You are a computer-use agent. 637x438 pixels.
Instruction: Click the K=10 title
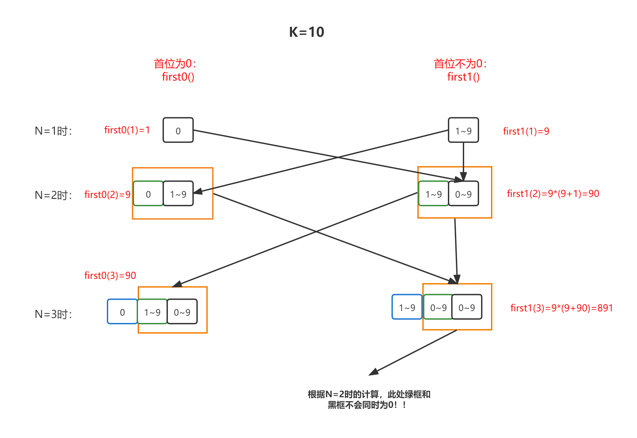306,32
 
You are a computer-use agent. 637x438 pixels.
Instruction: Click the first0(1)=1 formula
127,130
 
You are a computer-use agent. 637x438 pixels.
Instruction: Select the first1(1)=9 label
526,131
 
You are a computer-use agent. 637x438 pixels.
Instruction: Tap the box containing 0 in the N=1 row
178,130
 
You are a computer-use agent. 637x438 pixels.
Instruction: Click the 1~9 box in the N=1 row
463,130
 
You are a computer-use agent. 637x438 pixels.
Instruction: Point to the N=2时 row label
53,195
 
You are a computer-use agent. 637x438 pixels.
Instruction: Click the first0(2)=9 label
107,195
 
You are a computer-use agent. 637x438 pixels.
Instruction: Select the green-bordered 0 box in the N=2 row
148,194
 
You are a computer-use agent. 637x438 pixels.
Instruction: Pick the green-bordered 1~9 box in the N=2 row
433,194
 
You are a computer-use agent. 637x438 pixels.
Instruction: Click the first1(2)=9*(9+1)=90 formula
553,194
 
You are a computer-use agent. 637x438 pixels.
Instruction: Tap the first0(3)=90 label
110,276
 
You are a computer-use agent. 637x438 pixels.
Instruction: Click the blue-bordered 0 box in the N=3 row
122,312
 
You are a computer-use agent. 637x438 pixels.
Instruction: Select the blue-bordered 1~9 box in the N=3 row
407,307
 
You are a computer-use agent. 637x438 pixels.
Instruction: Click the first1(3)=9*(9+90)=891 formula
561,308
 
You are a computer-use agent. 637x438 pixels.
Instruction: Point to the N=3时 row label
53,314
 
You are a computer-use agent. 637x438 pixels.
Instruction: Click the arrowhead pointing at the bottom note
373,372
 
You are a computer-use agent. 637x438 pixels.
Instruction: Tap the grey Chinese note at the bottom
369,400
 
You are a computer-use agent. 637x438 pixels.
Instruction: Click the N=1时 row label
53,131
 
